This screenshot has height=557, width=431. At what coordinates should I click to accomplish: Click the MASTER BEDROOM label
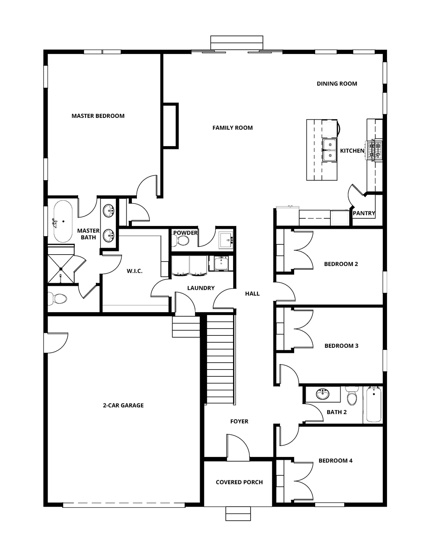tap(98, 116)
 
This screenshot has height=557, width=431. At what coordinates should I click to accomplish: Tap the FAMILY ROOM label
tap(232, 128)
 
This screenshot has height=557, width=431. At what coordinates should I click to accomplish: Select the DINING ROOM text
tap(337, 84)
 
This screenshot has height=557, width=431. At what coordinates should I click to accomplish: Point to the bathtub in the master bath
tap(63, 221)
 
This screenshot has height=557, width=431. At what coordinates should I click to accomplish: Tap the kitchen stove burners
tap(374, 150)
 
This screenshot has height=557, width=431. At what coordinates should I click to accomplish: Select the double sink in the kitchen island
tap(329, 150)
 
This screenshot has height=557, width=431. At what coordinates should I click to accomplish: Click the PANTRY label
tap(364, 213)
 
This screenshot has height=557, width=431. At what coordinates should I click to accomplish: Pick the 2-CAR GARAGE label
tap(123, 405)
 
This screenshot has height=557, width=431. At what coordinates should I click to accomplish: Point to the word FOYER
tap(239, 421)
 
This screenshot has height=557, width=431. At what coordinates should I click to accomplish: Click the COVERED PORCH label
tap(239, 482)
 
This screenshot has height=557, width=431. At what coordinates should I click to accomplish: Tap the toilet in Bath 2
tap(351, 397)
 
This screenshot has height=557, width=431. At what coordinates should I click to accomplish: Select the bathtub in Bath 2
tap(373, 405)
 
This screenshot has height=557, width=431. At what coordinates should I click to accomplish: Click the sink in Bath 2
tap(322, 394)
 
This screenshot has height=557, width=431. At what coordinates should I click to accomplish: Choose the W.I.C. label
tap(134, 271)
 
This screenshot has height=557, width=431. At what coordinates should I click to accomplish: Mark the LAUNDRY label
tap(201, 288)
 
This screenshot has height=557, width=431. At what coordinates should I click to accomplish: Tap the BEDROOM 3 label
tap(341, 346)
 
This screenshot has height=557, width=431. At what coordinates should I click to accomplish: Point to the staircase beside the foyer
tap(220, 359)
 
